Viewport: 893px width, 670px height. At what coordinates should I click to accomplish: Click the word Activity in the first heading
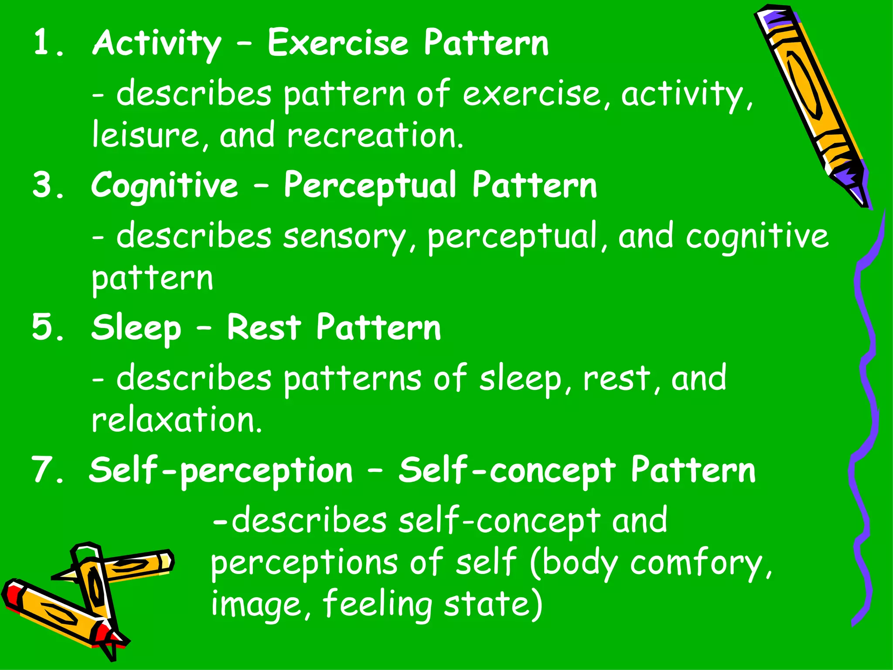click(x=157, y=44)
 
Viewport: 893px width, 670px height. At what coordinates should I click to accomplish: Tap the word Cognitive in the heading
click(x=165, y=186)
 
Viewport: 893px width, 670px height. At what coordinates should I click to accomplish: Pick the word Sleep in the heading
click(x=136, y=328)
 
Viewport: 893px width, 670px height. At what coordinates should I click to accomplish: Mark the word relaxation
click(x=177, y=420)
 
